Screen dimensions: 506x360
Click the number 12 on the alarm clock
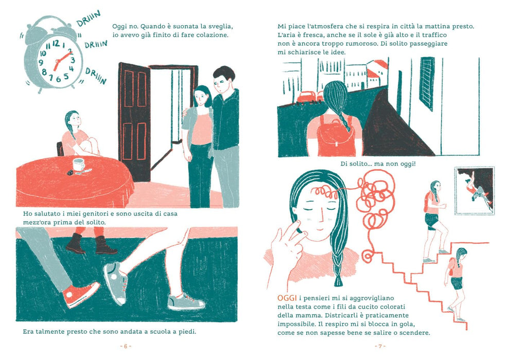(x=56, y=43)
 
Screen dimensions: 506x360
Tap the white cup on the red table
(x=78, y=165)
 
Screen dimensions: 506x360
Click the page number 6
(x=126, y=346)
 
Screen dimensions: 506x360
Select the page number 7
(x=380, y=346)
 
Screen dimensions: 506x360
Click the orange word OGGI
(x=287, y=298)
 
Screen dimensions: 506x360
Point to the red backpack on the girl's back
(x=335, y=136)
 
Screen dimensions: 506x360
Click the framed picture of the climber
(x=475, y=190)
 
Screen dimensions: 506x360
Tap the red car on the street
(x=306, y=96)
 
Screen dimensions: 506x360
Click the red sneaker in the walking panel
(x=81, y=294)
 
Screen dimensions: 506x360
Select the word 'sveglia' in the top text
(x=221, y=26)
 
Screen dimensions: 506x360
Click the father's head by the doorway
(x=223, y=80)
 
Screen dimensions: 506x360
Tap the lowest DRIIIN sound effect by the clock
(x=96, y=75)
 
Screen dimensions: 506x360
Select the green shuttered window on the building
(x=427, y=83)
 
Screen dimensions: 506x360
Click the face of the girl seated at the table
(x=75, y=120)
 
